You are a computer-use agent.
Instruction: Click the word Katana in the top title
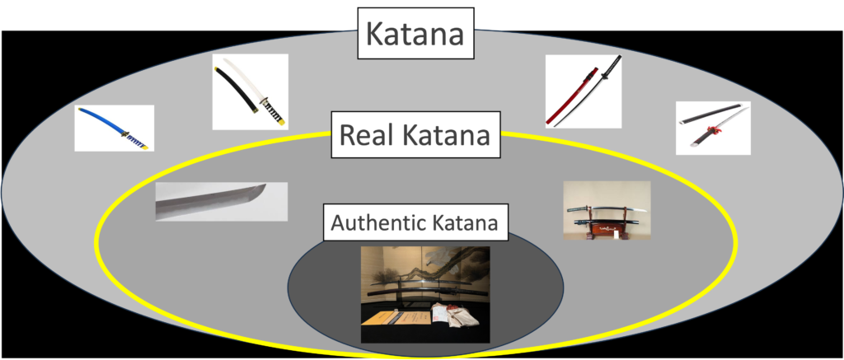tap(415, 35)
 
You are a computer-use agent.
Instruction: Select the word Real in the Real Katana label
tap(368, 133)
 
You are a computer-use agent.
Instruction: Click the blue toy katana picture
tap(114, 128)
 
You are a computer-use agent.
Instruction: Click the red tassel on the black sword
tap(708, 129)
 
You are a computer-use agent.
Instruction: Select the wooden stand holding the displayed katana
tap(607, 230)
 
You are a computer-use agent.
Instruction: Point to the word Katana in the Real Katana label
tap(451, 133)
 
